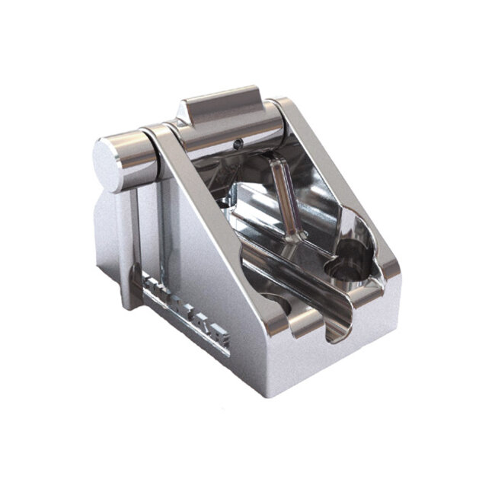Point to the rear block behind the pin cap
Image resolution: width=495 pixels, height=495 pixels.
[110, 236]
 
